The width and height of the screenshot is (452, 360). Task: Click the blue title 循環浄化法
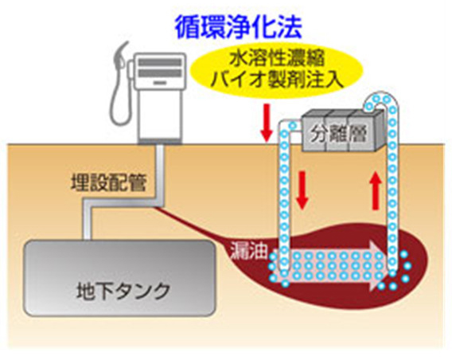pos(239,27)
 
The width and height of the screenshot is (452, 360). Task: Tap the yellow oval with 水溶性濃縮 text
pos(277,71)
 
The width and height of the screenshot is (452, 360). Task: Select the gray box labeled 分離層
pos(342,131)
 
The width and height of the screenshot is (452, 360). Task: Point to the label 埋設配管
pos(109,182)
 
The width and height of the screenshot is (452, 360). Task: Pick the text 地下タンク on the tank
pos(123,291)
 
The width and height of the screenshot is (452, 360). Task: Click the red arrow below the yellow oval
pos(267,123)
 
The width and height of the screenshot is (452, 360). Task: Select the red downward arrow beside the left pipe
pos(302,190)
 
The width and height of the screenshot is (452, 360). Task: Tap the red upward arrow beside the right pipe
pos(375,190)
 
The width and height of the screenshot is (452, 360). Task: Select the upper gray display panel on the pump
pos(160,62)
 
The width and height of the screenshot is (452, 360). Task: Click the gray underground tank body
pos(119,278)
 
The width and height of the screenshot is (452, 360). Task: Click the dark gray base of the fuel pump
pos(160,141)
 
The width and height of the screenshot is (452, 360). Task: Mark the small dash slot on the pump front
pos(160,83)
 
